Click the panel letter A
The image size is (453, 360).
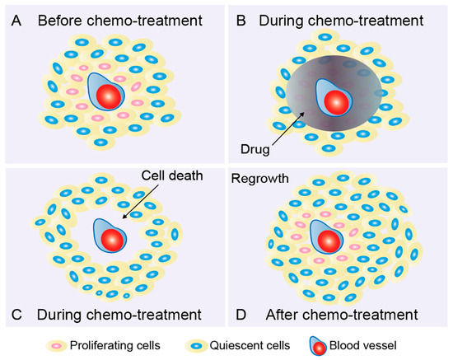[13, 16]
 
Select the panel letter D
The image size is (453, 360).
[240, 313]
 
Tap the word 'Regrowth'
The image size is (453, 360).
[259, 177]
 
